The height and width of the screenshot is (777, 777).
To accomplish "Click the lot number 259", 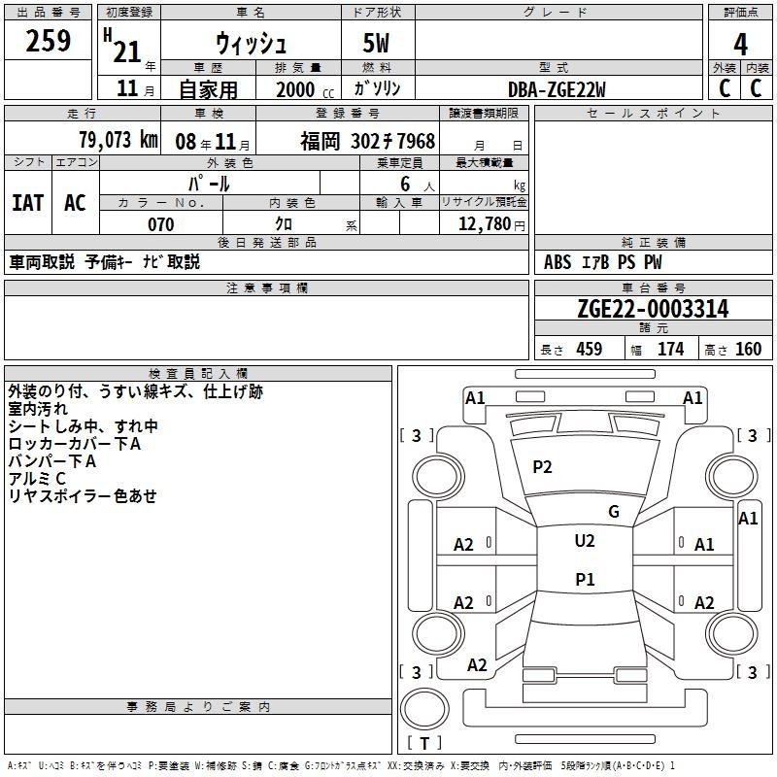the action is coord(48,41).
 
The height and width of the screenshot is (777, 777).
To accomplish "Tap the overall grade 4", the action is coord(740,45).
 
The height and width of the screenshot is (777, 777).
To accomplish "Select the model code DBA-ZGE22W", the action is coord(557,89).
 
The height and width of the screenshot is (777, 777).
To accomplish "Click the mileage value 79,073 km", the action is coord(118,140).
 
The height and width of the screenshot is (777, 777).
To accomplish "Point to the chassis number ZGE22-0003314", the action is coord(653,309).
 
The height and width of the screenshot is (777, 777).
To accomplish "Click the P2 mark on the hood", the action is coord(542,467).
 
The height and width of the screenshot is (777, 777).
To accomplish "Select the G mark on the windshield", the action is coord(614,512).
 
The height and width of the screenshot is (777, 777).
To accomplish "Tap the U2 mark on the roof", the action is coord(585,541).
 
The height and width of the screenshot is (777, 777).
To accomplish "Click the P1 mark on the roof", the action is coord(585,579).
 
